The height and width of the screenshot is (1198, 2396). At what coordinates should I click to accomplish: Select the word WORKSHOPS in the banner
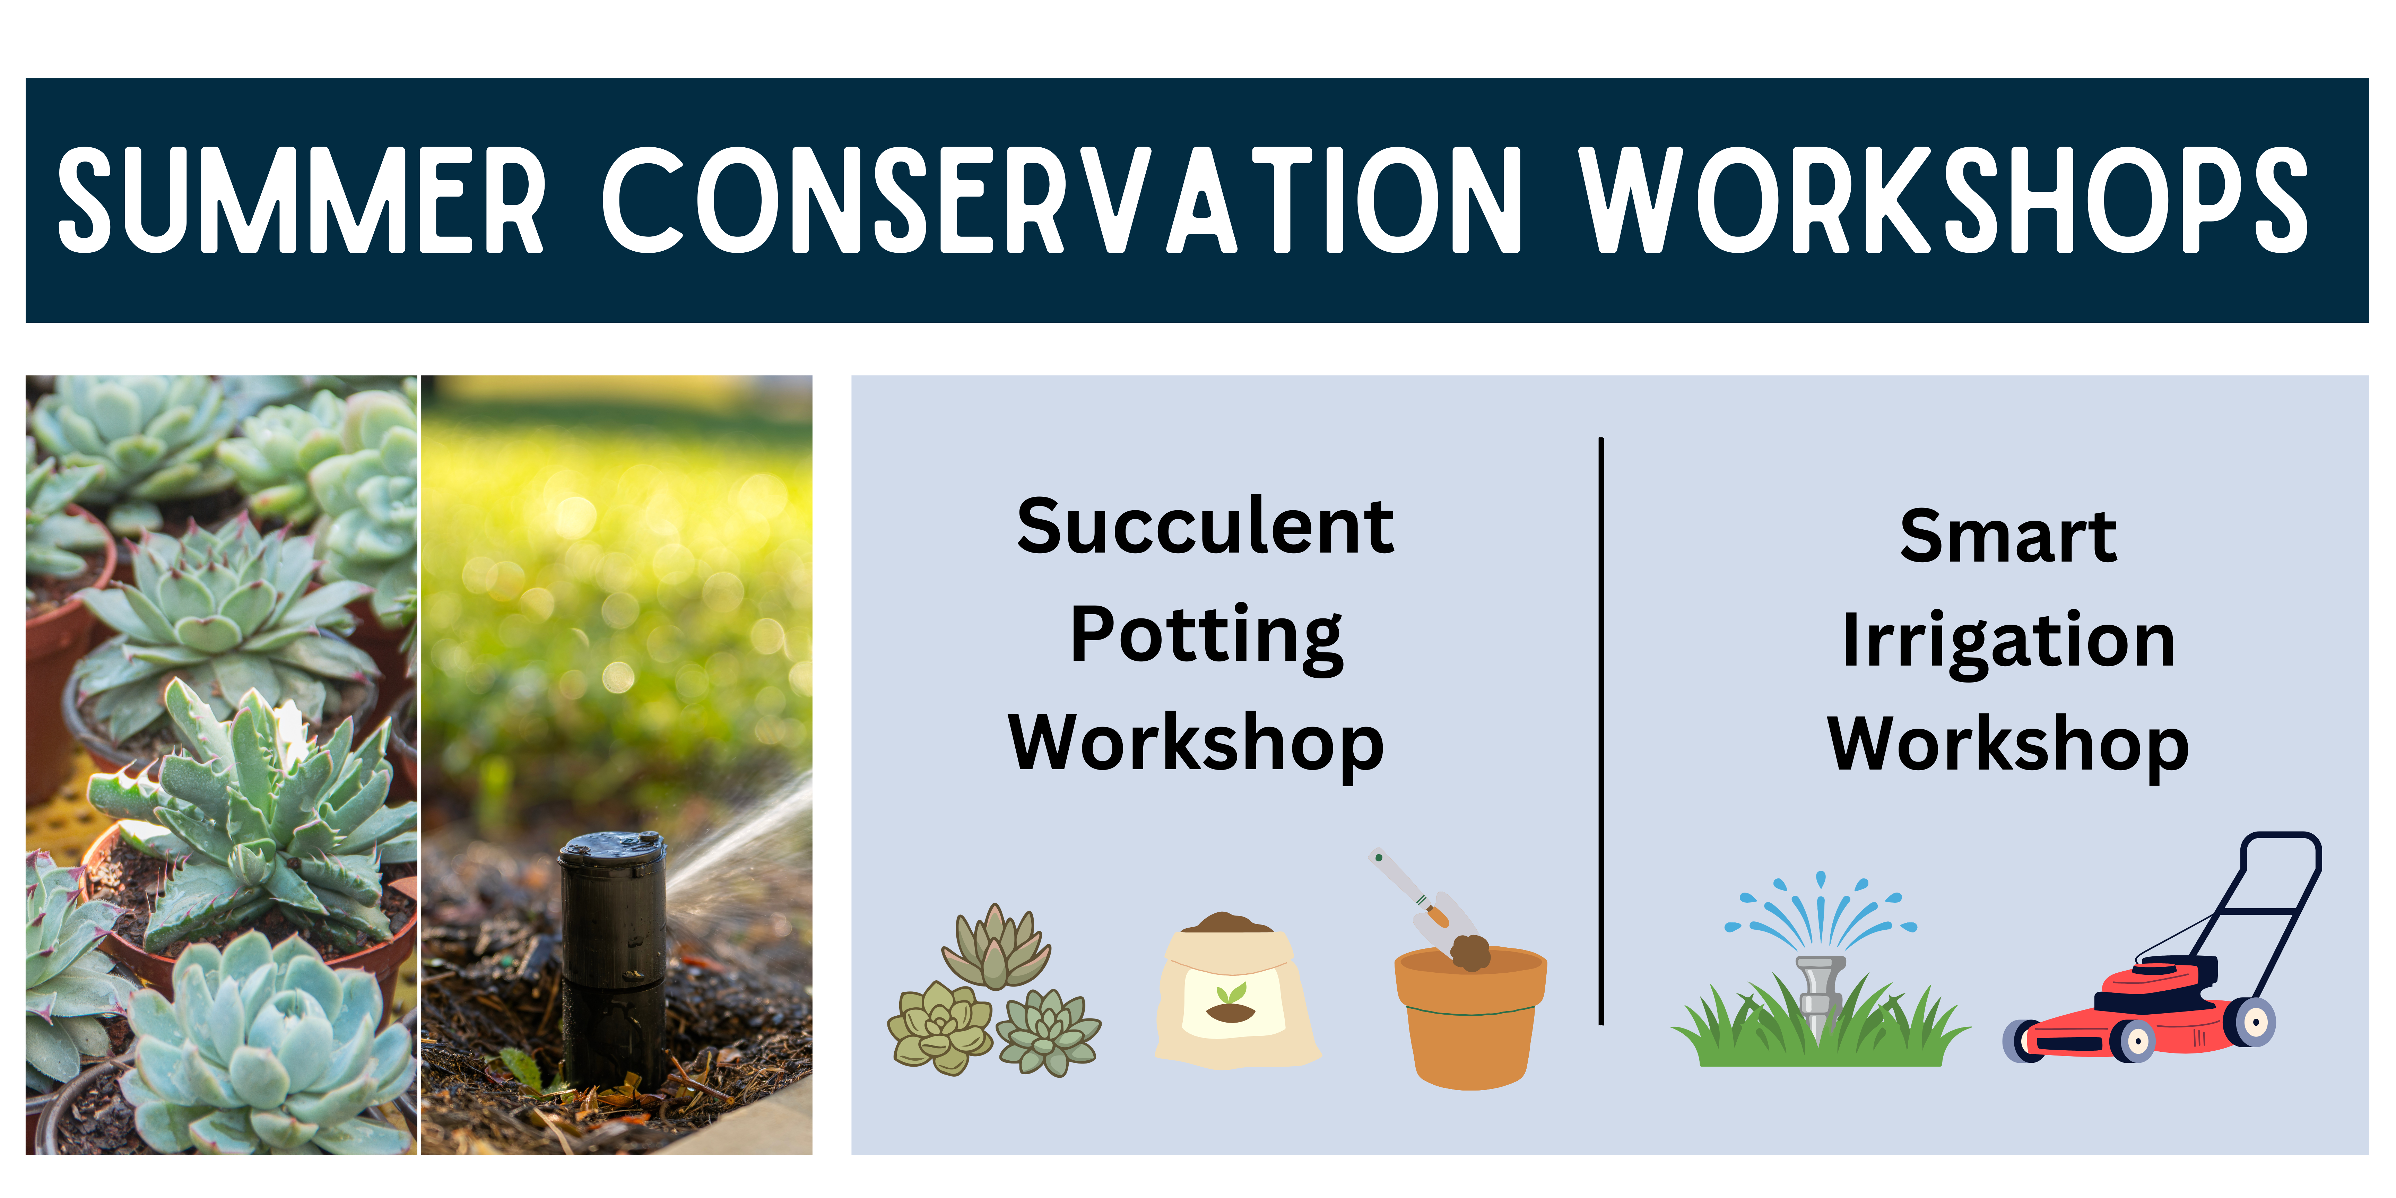click(1944, 200)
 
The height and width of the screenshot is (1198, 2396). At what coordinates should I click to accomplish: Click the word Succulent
click(1205, 527)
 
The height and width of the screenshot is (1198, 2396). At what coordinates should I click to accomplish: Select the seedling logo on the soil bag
click(1231, 1003)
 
